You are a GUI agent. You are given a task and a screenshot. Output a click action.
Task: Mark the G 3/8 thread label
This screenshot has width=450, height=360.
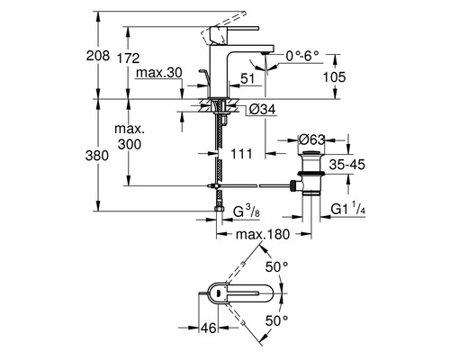click(247, 212)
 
